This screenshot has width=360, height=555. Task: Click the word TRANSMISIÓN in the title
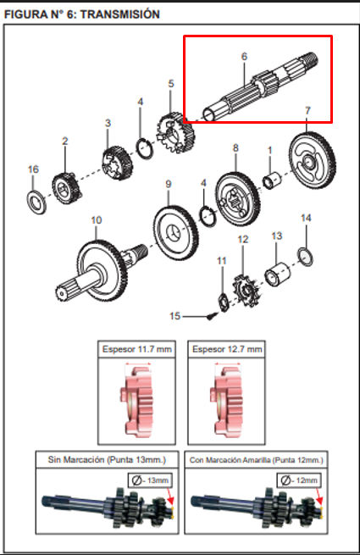pyautogui.click(x=120, y=14)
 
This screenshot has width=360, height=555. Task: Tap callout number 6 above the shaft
pyautogui.click(x=244, y=56)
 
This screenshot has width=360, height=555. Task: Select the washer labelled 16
pyautogui.click(x=36, y=203)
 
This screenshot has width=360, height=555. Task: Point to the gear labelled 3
pyautogui.click(x=118, y=163)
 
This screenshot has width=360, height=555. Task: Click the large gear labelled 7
pyautogui.click(x=313, y=160)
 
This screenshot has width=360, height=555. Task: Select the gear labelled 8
pyautogui.click(x=237, y=198)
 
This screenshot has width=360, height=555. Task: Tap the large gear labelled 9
pyautogui.click(x=175, y=233)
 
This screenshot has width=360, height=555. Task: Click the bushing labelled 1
pyautogui.click(x=272, y=180)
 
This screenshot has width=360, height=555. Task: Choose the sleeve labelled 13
pyautogui.click(x=278, y=274)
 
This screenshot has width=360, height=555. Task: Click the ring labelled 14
pyautogui.click(x=305, y=257)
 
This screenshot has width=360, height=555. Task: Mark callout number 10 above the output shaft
pyautogui.click(x=97, y=220)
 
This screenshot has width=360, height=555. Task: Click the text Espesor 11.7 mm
pyautogui.click(x=137, y=349)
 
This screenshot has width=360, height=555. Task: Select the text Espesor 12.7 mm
pyautogui.click(x=227, y=349)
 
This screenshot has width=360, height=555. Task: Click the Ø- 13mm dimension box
pyautogui.click(x=150, y=480)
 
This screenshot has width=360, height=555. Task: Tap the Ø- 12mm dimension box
pyautogui.click(x=299, y=480)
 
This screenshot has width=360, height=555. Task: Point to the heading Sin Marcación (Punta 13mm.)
pyautogui.click(x=107, y=460)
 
